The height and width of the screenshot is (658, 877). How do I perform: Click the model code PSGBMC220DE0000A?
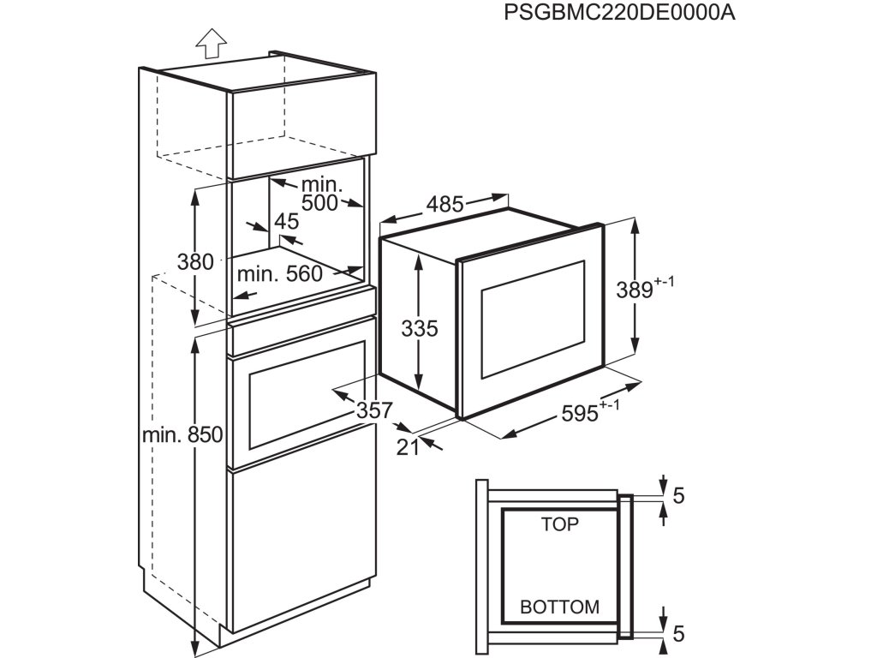tap(619, 12)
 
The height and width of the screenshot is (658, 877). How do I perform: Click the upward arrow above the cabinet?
tap(212, 43)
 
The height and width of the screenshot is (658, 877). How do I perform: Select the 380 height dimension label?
tap(195, 261)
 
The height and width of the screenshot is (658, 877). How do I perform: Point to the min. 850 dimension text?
tap(182, 434)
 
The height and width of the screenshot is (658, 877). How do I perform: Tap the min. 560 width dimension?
tap(280, 273)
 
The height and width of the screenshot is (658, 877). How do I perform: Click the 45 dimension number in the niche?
tap(286, 222)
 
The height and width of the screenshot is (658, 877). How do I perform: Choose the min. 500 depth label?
tap(320, 194)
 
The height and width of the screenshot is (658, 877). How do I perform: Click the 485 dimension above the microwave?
tap(444, 204)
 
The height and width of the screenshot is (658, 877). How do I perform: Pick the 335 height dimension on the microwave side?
tap(420, 328)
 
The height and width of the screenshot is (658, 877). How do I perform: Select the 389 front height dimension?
tap(645, 287)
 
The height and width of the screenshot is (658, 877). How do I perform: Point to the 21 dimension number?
tap(408, 447)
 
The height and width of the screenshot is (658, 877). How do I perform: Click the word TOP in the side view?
tap(559, 524)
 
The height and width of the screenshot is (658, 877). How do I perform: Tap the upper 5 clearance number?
tap(678, 496)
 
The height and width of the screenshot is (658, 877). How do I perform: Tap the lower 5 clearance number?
tap(678, 633)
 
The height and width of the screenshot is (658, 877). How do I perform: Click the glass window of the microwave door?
tap(533, 320)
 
